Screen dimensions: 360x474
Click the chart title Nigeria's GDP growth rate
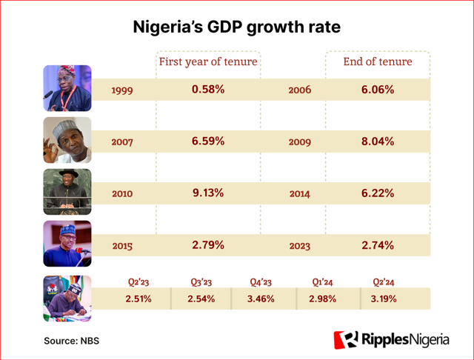(x=237, y=28)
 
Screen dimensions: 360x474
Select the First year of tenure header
(x=208, y=62)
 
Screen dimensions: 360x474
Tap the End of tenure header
(x=378, y=62)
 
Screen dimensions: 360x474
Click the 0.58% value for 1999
(x=208, y=90)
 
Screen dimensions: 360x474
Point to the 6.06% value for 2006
(x=378, y=90)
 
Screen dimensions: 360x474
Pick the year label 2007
(x=122, y=141)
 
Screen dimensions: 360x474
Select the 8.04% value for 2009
(x=378, y=141)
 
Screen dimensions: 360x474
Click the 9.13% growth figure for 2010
(x=208, y=193)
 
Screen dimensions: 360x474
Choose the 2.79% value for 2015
(x=208, y=244)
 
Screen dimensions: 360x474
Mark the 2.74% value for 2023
(x=378, y=244)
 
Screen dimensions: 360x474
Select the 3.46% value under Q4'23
(x=261, y=299)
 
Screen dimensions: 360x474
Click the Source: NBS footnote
(x=71, y=341)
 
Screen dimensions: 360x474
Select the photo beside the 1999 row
(x=67, y=88)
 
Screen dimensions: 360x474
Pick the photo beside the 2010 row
(x=67, y=192)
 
